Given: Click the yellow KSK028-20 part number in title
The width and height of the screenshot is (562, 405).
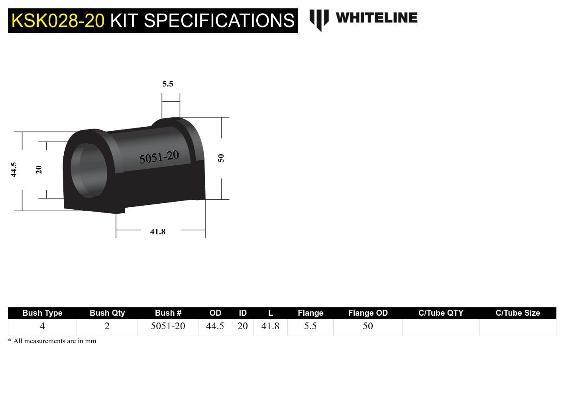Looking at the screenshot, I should tap(58, 21).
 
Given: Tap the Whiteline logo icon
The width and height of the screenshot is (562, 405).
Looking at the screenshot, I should tap(319, 19).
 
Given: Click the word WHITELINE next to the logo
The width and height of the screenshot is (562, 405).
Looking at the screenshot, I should tap(376, 18).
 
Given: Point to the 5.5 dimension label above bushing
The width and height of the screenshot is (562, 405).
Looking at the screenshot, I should tap(168, 84).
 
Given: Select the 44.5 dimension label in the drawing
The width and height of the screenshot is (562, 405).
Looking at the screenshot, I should tap(14, 170).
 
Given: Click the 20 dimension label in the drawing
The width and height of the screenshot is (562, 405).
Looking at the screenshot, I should tap(39, 170).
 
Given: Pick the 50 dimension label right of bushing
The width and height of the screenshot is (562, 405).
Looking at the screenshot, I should tap(221, 158).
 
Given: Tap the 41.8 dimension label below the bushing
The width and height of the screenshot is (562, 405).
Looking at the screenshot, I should tap(158, 232).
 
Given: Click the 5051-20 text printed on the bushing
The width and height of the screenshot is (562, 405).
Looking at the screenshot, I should tap(159, 157).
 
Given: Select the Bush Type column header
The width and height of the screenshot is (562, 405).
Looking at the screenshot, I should tap(42, 313).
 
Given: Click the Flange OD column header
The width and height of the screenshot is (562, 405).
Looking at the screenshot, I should tap(367, 313).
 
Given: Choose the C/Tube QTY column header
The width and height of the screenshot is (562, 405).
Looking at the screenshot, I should tap(441, 313).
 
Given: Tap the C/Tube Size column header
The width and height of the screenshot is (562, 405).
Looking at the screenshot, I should tap(517, 313).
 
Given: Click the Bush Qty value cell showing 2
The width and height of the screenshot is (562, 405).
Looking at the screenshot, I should tap(107, 326).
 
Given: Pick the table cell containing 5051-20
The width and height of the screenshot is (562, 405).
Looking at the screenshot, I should tap(168, 326).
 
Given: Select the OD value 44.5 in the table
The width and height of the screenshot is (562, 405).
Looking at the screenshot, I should tap(215, 326).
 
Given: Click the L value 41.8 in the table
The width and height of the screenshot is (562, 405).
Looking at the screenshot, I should tap(270, 326).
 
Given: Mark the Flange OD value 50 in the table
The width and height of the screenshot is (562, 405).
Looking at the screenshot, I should tap(367, 326).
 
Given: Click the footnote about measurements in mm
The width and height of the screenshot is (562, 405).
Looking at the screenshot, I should tap(52, 341).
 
